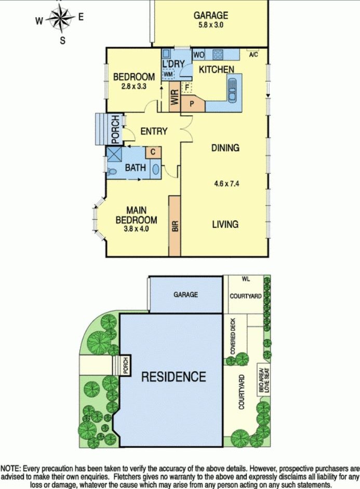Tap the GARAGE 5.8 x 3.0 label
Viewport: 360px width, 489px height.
pos(211,20)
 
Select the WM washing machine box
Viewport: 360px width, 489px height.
pos(168,74)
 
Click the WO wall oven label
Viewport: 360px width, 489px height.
pos(198,55)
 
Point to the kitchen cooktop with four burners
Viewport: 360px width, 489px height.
pos(218,54)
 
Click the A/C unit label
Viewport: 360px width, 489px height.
pos(254,55)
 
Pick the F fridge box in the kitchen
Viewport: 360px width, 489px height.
pos(187,87)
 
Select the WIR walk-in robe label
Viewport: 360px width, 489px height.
pos(175,97)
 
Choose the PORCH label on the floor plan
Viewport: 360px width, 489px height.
pos(115,129)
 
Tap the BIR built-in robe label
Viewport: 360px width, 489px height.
pos(175,226)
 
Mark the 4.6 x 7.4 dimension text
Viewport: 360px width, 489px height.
pos(226,183)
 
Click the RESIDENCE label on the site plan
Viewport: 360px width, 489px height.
pos(174,376)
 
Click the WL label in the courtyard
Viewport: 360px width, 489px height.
pos(246,279)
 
